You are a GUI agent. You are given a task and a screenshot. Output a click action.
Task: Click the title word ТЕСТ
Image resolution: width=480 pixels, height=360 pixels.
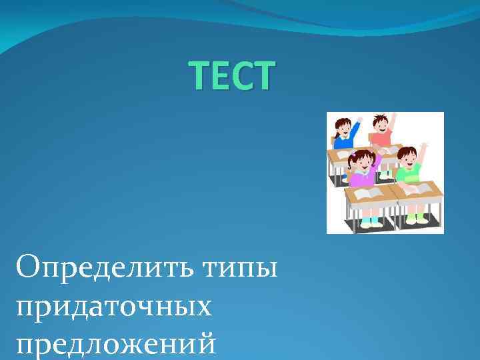tap(231, 75)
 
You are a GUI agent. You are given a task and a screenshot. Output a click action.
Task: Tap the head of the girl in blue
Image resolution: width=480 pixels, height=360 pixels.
tap(343, 127)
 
